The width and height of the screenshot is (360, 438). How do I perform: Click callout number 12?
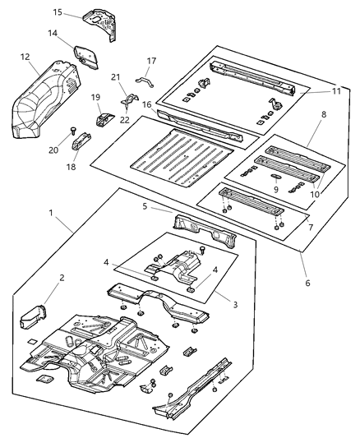point(25,57)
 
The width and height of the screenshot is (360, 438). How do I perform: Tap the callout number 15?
point(58,12)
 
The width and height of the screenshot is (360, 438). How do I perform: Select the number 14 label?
point(52,34)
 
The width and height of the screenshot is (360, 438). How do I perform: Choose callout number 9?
point(276,187)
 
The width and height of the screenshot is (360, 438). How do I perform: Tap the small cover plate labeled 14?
point(84,54)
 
